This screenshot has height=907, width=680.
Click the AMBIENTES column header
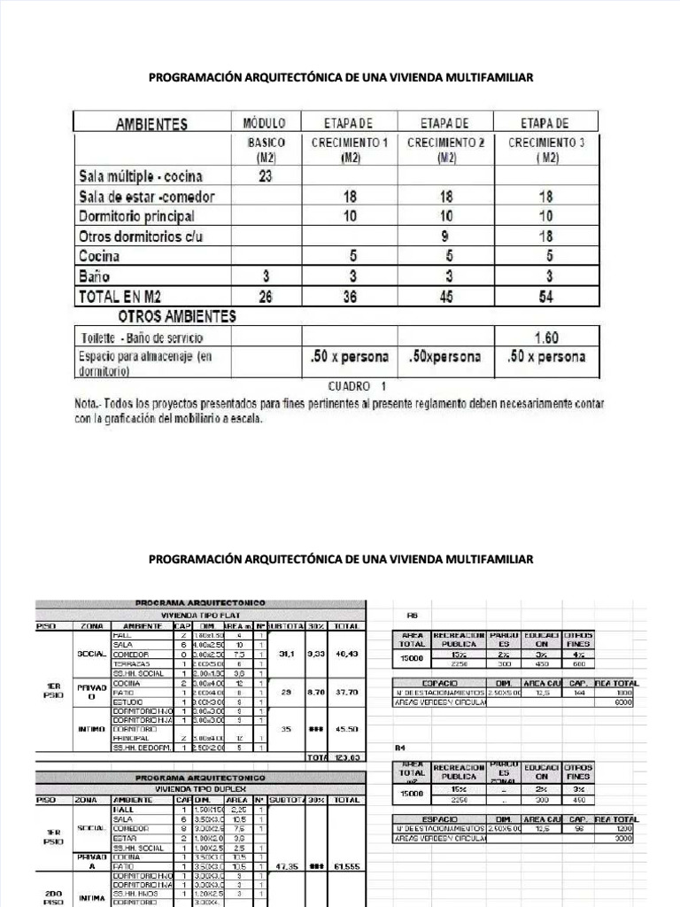[x=151, y=124]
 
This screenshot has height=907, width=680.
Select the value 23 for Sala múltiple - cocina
[x=265, y=175]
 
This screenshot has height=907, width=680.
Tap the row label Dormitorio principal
[x=136, y=216]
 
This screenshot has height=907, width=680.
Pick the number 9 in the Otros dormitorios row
[x=445, y=236]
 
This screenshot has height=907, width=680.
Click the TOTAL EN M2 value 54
[x=545, y=298]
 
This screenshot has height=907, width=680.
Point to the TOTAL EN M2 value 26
[x=265, y=298]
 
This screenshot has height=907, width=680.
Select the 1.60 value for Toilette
[x=545, y=337]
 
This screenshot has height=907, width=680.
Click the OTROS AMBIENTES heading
[x=177, y=316]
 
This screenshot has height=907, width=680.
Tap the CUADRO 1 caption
[x=357, y=386]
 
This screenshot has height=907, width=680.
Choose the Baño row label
[x=95, y=276]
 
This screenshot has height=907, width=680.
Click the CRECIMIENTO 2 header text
[x=445, y=143]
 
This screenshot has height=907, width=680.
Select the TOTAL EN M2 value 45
[x=445, y=298]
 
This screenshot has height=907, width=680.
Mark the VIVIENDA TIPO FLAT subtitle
[x=199, y=614]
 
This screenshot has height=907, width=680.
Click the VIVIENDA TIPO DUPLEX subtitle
[x=199, y=787]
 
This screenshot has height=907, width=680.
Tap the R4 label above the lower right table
[x=411, y=748]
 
